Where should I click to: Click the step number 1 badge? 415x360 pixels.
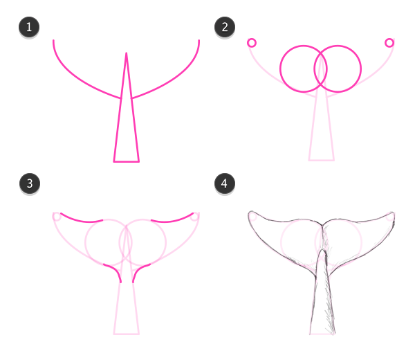click(x=29, y=27)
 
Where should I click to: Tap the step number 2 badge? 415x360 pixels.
click(x=225, y=27)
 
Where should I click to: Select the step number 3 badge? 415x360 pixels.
click(x=30, y=183)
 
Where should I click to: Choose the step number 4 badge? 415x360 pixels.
click(x=225, y=183)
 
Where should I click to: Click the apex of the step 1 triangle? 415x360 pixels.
click(x=127, y=53)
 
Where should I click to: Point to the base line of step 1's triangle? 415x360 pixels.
click(x=127, y=161)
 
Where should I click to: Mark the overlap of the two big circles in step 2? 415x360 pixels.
click(x=320, y=69)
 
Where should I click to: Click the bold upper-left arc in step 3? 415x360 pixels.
click(x=81, y=221)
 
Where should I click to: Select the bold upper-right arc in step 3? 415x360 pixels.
click(x=172, y=221)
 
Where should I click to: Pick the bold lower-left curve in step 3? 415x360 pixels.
click(x=116, y=270)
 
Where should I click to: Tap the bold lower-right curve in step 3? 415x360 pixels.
click(x=138, y=270)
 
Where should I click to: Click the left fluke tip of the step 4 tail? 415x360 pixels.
click(x=250, y=212)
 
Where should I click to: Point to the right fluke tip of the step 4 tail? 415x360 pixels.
click(x=394, y=213)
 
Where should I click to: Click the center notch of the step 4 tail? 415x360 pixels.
click(x=322, y=225)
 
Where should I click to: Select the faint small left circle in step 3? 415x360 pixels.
click(x=57, y=217)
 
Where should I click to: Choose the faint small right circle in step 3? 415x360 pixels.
click(x=194, y=217)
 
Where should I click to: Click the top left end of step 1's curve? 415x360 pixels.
click(x=53, y=41)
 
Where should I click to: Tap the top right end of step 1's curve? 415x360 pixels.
click(x=199, y=41)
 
